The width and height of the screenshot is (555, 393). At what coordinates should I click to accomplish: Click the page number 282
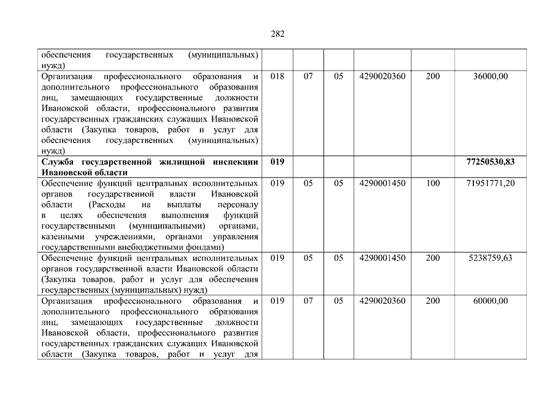(x=277, y=34)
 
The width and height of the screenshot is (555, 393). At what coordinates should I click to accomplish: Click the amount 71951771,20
(x=489, y=183)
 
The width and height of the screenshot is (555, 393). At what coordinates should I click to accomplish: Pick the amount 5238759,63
(x=489, y=258)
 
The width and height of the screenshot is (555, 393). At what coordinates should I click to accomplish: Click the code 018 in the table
(x=277, y=77)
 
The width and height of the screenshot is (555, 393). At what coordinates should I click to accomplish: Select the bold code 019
(x=277, y=161)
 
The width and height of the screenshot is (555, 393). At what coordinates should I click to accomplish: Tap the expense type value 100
(x=432, y=183)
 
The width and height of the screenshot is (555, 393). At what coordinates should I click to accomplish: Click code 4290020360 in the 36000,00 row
(x=383, y=77)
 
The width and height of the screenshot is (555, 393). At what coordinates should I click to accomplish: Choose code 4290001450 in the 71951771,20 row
(x=383, y=183)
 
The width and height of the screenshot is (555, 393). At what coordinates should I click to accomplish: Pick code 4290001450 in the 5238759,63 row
(x=383, y=258)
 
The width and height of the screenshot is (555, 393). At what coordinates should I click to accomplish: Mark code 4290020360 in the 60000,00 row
(x=383, y=301)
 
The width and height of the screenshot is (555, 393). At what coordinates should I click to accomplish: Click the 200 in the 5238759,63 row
(x=432, y=258)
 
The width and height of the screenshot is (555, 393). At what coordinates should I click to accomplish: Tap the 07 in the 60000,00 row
(x=308, y=301)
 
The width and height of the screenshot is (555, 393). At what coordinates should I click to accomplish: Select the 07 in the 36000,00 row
(x=308, y=77)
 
